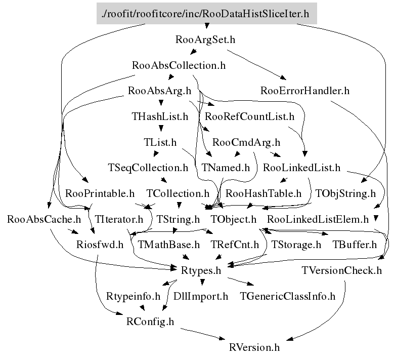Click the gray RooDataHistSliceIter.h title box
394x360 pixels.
(x=206, y=13)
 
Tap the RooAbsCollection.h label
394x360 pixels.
(x=178, y=65)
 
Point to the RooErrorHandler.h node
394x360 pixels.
(x=305, y=91)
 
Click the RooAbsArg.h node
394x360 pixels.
(x=159, y=91)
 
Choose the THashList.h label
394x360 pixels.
(x=160, y=116)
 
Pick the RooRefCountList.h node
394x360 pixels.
(x=250, y=116)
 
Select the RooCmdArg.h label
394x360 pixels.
(x=246, y=142)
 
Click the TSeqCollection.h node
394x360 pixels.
(x=148, y=167)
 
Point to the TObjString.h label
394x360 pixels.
(x=345, y=193)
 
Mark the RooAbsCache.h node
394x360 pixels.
(x=44, y=219)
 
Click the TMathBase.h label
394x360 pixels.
(x=168, y=245)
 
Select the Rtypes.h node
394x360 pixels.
(x=201, y=271)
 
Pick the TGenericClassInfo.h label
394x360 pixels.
(x=288, y=296)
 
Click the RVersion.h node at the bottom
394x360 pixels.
(x=254, y=347)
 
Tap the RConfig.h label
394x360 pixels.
(x=150, y=322)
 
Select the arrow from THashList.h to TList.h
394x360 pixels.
(x=160, y=129)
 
